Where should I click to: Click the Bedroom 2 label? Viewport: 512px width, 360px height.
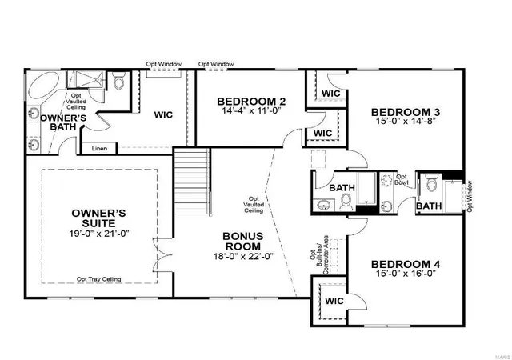(251, 102)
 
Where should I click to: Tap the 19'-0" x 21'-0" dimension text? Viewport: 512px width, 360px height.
(99, 234)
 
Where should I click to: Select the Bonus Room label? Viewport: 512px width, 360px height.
(243, 241)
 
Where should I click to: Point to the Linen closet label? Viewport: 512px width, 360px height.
(99, 149)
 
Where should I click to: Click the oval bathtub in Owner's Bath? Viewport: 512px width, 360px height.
(43, 84)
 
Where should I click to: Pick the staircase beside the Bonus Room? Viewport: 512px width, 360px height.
(192, 182)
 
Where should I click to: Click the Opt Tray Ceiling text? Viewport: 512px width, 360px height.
(99, 279)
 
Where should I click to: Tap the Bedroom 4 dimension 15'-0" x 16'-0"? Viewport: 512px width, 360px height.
(406, 274)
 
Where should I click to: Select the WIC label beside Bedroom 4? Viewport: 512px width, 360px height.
(334, 301)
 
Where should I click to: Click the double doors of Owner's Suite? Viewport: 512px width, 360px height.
(162, 255)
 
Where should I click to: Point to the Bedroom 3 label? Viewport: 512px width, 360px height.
(406, 112)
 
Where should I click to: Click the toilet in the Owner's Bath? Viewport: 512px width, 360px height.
(118, 80)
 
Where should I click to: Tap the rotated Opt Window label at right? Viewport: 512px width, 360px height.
(470, 196)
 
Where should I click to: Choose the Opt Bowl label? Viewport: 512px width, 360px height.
(402, 180)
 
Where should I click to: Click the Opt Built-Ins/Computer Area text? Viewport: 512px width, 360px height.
(319, 255)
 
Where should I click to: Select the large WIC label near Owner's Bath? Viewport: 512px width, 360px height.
(163, 115)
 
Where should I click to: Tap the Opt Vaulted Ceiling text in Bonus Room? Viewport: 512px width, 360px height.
(254, 205)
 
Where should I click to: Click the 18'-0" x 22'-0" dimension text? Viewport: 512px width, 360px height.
(243, 257)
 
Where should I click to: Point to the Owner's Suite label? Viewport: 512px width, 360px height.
(99, 218)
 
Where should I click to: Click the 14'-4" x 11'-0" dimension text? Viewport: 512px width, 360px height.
(251, 110)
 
